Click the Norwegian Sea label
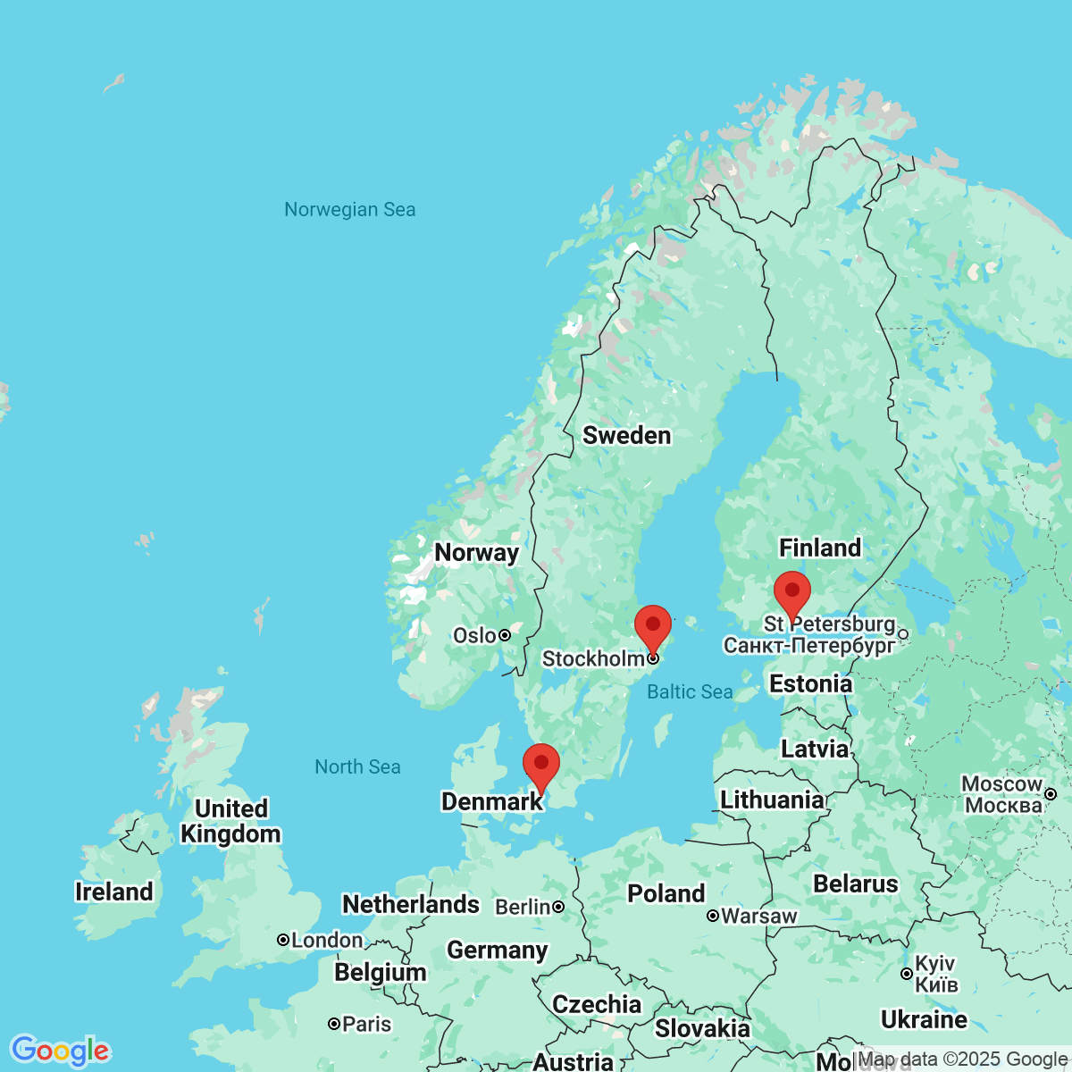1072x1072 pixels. click(349, 210)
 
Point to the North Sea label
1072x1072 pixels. click(357, 766)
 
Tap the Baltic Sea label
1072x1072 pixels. click(690, 691)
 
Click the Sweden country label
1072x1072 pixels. click(626, 436)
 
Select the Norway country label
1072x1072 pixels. click(476, 553)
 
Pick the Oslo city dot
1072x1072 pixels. click(505, 635)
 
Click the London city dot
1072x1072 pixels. click(283, 940)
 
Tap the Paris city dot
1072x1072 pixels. click(334, 1024)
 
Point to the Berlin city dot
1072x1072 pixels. click(558, 907)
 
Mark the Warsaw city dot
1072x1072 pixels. click(713, 916)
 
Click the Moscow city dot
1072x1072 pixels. click(1051, 793)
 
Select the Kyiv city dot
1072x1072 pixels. click(907, 974)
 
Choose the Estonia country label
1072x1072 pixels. click(810, 684)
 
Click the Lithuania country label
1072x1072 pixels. click(772, 800)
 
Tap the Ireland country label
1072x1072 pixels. click(113, 892)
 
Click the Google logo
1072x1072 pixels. click(60, 1051)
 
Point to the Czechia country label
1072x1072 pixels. click(596, 1004)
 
